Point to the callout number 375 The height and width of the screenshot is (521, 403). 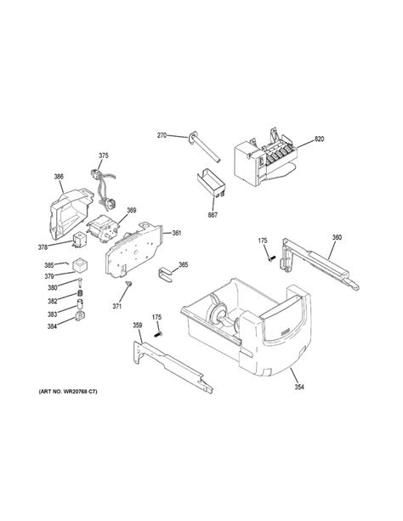(104, 156)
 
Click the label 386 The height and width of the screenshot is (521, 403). (59, 178)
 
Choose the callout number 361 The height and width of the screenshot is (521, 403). (177, 232)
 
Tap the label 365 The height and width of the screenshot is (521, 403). (183, 265)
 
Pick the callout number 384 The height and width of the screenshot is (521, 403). (52, 326)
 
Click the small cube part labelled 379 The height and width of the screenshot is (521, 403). (79, 263)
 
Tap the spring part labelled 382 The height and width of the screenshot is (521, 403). (81, 295)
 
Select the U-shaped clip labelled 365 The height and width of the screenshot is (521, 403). (164, 270)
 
